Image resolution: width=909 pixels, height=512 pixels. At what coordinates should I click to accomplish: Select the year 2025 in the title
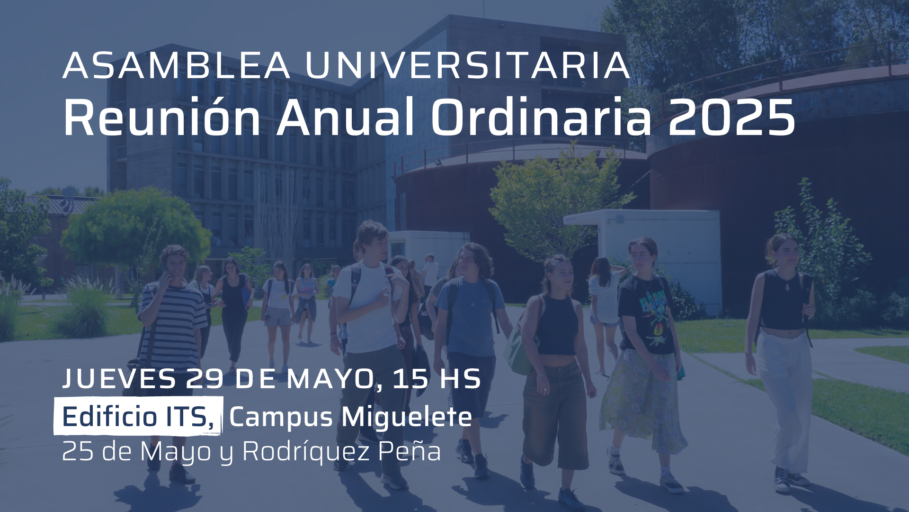pyautogui.click(x=731, y=119)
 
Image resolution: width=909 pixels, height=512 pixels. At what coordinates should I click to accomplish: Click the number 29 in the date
pyautogui.click(x=205, y=379)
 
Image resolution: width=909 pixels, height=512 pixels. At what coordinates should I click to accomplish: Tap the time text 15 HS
pyautogui.click(x=437, y=379)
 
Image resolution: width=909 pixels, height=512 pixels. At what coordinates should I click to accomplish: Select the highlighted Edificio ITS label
pyautogui.click(x=138, y=416)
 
